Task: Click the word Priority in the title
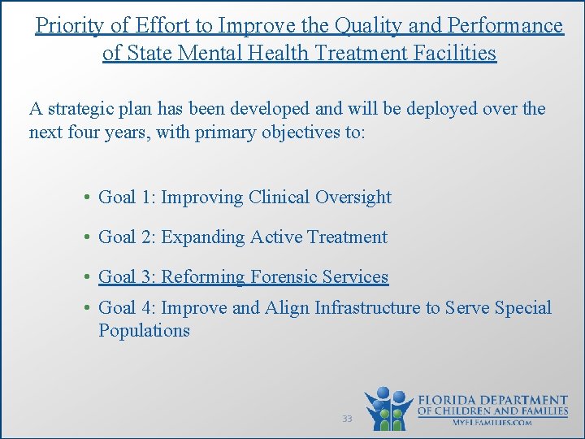point(69,26)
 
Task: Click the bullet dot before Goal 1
point(85,198)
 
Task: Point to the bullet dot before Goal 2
point(85,237)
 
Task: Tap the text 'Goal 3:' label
point(127,277)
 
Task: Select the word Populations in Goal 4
point(144,331)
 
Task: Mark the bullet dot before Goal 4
point(85,308)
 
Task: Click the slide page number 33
point(347,419)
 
